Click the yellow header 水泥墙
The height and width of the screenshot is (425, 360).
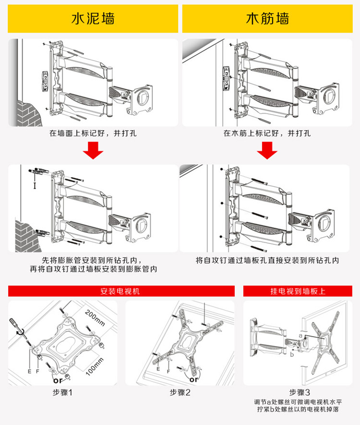click(93, 19)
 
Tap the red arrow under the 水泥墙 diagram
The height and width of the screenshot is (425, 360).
click(93, 152)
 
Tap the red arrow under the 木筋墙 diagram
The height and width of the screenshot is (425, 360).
click(267, 152)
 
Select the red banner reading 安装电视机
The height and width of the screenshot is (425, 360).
click(120, 291)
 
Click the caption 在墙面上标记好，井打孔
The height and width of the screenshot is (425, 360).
click(93, 133)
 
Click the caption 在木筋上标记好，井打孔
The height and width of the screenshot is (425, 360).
click(267, 133)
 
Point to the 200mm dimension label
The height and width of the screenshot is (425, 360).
click(95, 316)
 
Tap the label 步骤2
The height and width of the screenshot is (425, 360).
click(180, 392)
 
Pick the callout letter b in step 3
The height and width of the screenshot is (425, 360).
click(292, 355)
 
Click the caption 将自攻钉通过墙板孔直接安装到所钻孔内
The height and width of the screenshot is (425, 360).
click(267, 260)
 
